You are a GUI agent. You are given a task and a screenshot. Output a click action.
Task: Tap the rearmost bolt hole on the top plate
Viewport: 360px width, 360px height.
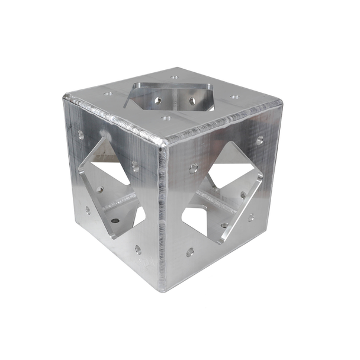click(174, 77)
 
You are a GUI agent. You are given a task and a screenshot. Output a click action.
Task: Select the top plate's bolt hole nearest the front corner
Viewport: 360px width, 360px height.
click(166, 118)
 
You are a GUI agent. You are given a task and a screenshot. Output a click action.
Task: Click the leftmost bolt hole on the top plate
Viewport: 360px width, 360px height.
click(108, 94)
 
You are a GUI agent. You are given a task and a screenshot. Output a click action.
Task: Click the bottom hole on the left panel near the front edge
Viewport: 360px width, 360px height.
click(138, 249)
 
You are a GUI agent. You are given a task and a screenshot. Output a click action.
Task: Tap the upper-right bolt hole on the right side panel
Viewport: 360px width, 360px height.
click(260, 140)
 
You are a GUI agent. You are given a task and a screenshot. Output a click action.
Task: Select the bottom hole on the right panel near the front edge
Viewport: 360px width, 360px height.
click(190, 252)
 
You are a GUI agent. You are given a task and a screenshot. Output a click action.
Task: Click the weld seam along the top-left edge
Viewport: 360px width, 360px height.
click(112, 116)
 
